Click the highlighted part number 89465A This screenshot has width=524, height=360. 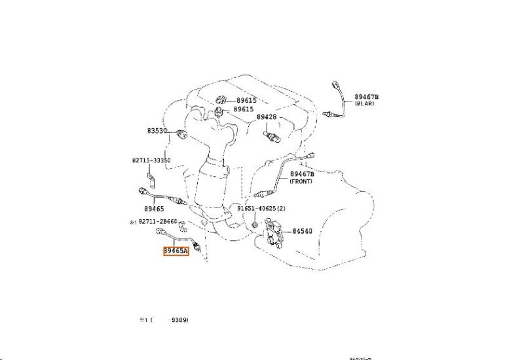click(175, 249)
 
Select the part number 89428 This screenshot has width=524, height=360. click(267, 117)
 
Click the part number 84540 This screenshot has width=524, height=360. click(303, 230)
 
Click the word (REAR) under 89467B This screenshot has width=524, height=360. click(365, 104)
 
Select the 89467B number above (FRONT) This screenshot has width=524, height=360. click(303, 174)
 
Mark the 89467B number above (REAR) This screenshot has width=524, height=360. click(366, 97)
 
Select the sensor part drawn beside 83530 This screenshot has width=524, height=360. click(182, 135)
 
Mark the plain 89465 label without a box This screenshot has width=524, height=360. click(154, 208)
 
